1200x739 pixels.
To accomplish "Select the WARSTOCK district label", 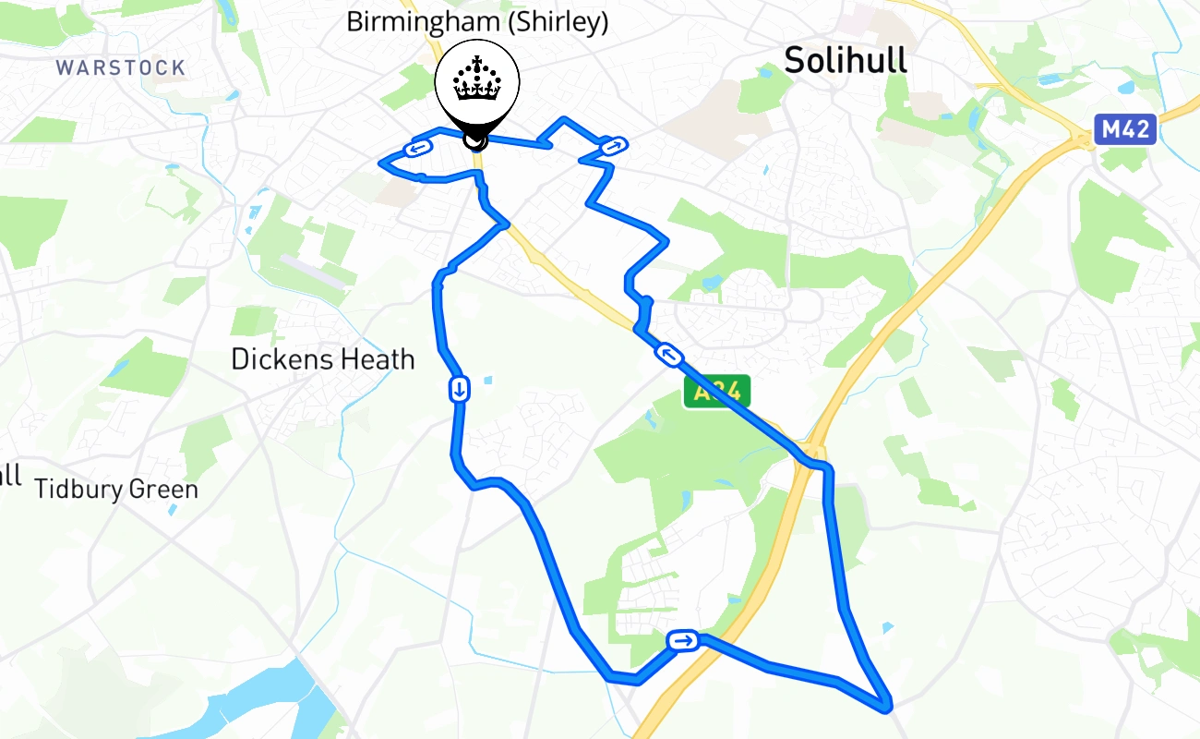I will [120, 67].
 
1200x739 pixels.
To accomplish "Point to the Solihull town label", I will [845, 60].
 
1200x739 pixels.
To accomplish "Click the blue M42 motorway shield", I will [1125, 129].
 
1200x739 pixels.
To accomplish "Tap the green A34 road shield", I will [717, 392].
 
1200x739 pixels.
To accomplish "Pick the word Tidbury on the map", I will [77, 489].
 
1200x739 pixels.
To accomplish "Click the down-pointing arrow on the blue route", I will [459, 389].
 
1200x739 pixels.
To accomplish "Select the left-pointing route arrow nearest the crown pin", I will [418, 148].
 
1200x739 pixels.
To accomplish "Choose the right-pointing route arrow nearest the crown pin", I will [613, 145].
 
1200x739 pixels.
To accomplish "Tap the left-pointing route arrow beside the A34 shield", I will [667, 353].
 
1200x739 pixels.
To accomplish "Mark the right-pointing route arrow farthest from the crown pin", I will [684, 640].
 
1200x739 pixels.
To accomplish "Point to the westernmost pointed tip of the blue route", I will [381, 164].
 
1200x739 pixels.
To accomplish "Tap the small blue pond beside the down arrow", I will [487, 380].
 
